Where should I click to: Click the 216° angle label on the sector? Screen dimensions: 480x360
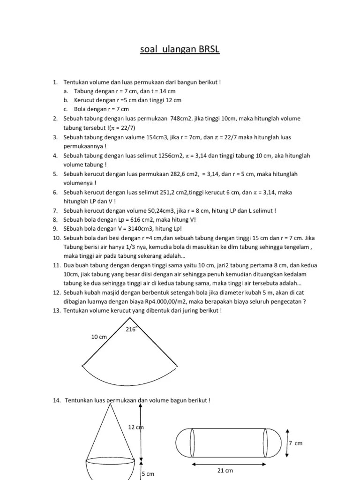(131, 330)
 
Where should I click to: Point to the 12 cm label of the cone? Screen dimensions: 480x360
(135, 427)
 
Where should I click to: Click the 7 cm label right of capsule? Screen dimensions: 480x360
(296, 443)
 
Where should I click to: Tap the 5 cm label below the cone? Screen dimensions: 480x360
(148, 474)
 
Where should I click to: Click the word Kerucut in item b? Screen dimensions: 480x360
(84, 100)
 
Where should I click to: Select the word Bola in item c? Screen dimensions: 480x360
(80, 109)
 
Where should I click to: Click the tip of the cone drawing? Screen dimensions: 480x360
(113, 404)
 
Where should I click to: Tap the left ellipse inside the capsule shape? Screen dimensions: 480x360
(192, 441)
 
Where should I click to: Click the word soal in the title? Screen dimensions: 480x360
(150, 49)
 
